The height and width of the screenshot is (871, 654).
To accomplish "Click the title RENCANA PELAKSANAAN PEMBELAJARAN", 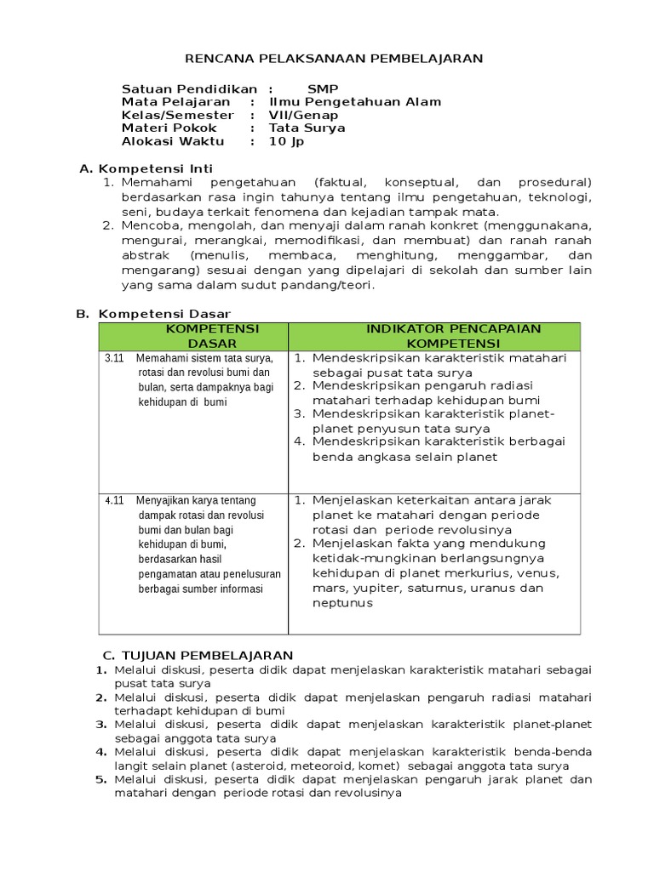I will pos(335,58).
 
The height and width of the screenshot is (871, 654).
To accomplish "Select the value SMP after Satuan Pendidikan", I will pos(323,88).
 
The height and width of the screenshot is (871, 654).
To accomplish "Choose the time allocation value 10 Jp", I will pos(286,141).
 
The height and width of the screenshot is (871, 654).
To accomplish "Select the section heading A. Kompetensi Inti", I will pos(146,168).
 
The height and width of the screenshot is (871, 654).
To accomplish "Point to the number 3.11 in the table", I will pos(114,358).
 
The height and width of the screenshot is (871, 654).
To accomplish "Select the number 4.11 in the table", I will pos(114,500).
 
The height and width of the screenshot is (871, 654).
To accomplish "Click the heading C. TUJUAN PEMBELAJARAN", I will pos(198,655).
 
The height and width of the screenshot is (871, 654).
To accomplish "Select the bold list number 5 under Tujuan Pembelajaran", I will pos(100,779).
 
